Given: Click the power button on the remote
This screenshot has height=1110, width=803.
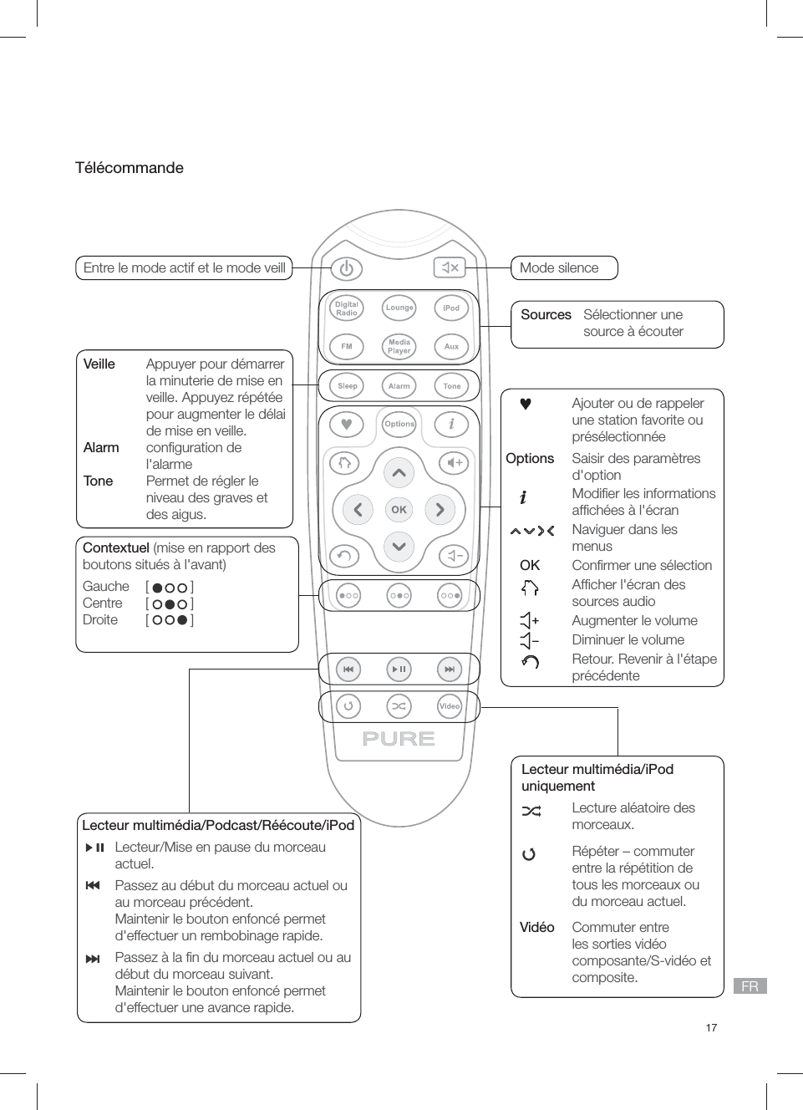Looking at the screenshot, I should point(346,268).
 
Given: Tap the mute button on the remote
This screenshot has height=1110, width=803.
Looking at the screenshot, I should point(450,267).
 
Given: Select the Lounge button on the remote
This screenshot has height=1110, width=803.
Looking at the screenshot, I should point(399,308).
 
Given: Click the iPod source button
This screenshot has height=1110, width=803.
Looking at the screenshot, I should point(451,308).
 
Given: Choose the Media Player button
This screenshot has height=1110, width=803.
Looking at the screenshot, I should point(399,346).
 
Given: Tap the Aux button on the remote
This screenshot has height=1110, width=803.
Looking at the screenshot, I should point(451,346).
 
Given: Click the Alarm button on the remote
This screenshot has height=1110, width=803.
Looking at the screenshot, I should point(399,386).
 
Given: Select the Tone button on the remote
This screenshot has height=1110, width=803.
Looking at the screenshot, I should point(451,386).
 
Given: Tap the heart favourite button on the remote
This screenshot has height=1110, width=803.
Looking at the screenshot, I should point(347,425).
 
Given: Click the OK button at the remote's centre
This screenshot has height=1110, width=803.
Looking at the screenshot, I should point(399,509).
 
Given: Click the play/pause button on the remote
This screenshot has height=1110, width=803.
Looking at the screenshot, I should point(399,669).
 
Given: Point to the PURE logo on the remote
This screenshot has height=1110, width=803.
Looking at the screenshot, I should point(399,739).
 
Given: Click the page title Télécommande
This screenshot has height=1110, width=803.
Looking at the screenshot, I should point(130,168).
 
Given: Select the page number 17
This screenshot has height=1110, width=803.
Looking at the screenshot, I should point(711,1028).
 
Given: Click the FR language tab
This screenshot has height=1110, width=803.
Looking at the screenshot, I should point(750,986).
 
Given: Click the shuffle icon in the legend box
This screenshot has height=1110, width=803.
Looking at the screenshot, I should point(531,811).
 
